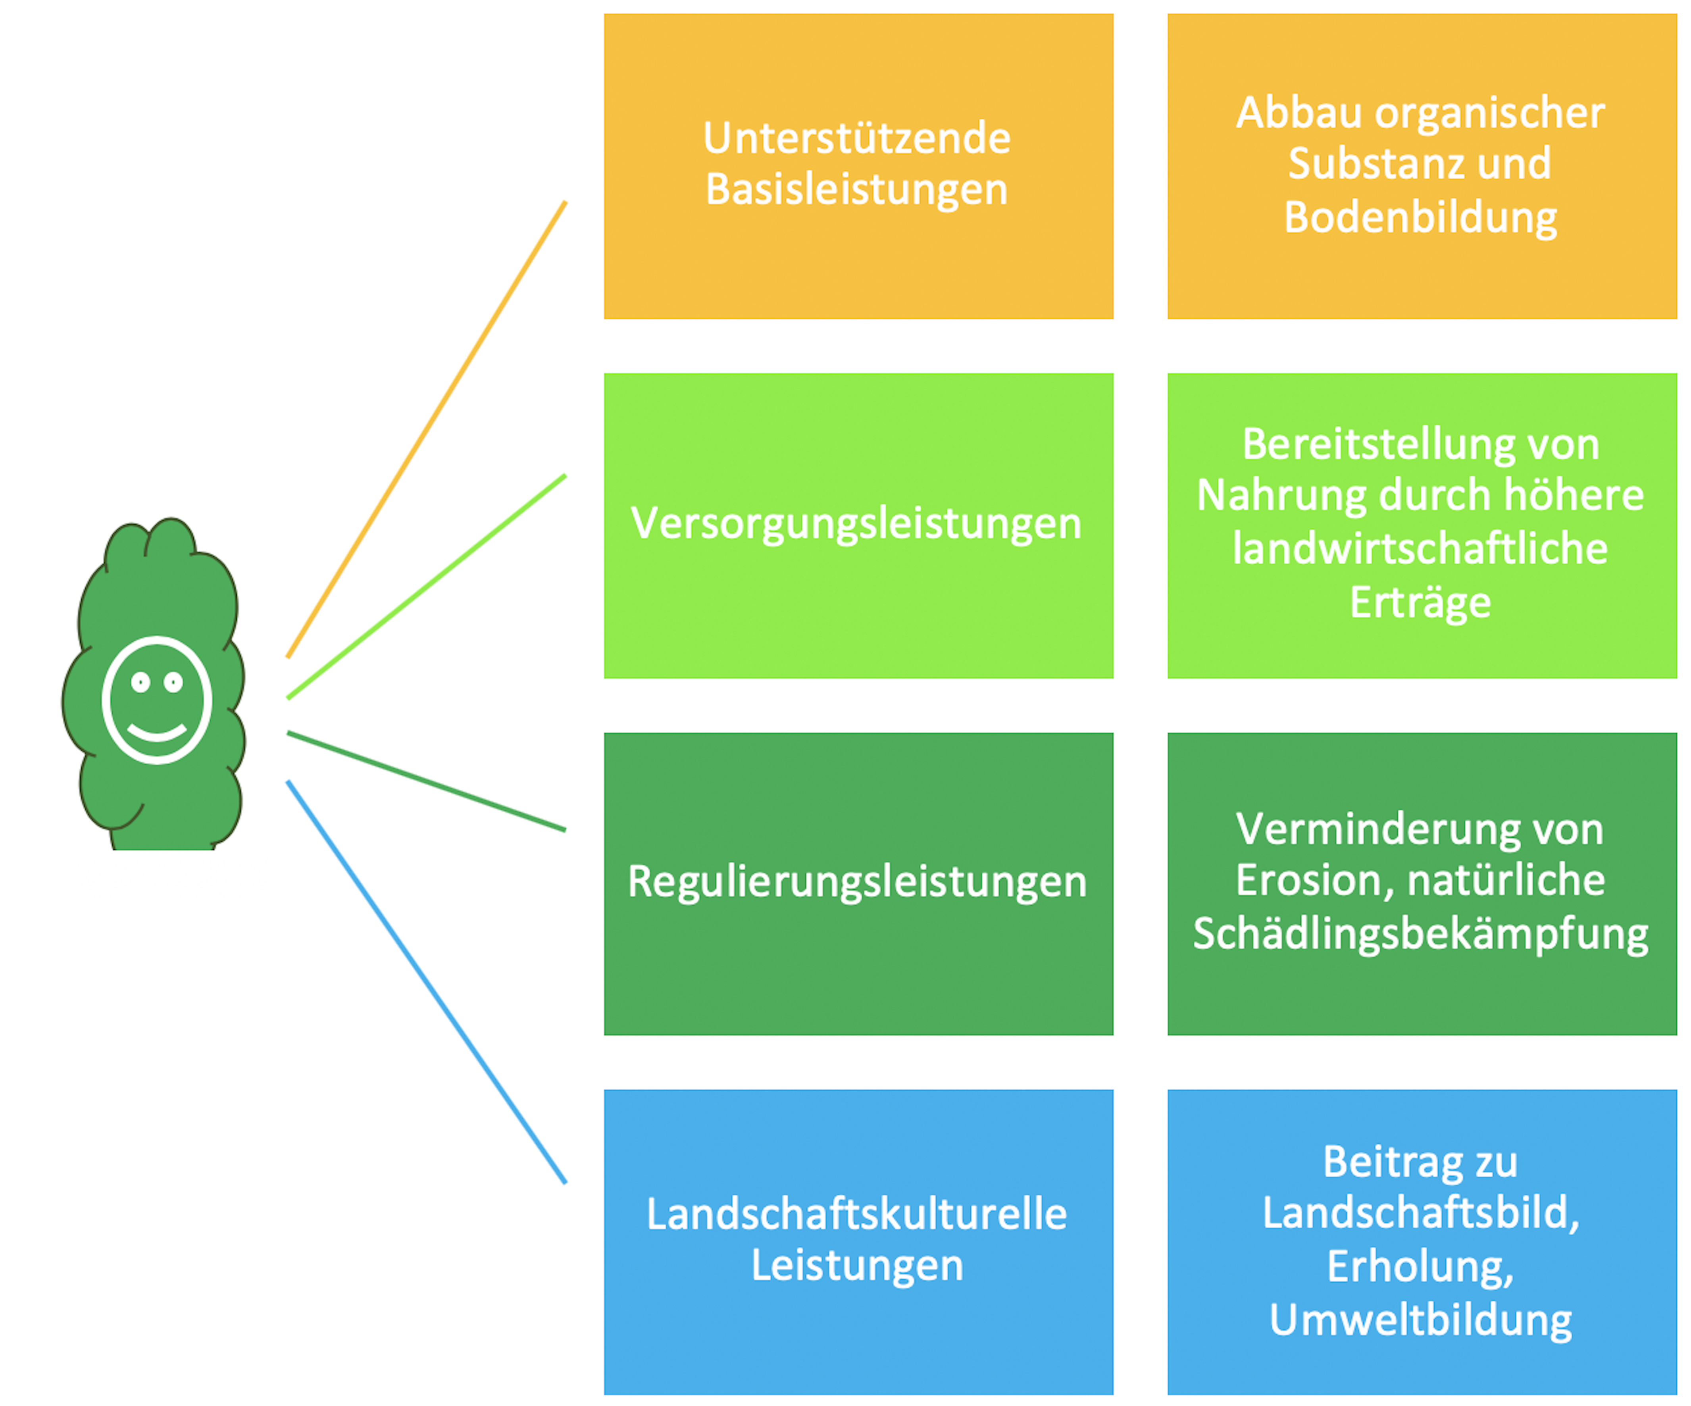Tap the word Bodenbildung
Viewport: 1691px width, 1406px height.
(x=1420, y=217)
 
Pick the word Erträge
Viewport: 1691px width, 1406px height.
(x=1420, y=602)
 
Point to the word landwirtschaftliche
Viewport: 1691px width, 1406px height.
(x=1420, y=549)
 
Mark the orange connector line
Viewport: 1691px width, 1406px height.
(x=427, y=429)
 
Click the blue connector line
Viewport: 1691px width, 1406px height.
(x=427, y=983)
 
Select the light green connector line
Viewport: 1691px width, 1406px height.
(x=427, y=587)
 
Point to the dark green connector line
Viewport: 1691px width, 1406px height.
(x=427, y=781)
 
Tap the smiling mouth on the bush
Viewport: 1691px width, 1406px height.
(x=157, y=733)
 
